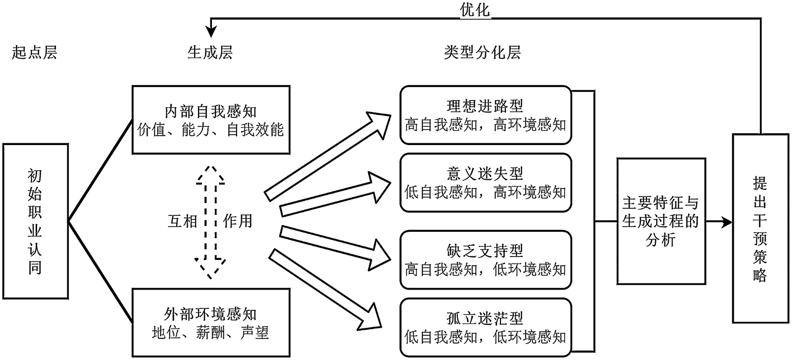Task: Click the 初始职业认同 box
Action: [x=35, y=221]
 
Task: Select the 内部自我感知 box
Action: [x=211, y=120]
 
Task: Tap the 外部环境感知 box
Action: [x=211, y=322]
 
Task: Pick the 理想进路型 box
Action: [x=485, y=115]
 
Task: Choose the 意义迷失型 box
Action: [x=485, y=183]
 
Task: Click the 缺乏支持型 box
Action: [x=485, y=260]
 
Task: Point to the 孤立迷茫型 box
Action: [x=485, y=327]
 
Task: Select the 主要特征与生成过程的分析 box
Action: [x=661, y=221]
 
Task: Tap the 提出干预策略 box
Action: [x=760, y=228]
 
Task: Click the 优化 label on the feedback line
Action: [x=475, y=10]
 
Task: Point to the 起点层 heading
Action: [x=35, y=52]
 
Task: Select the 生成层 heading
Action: [x=210, y=52]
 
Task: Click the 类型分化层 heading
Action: [x=482, y=52]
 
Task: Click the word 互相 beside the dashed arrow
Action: [x=183, y=221]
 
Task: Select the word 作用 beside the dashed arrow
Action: [x=238, y=221]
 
